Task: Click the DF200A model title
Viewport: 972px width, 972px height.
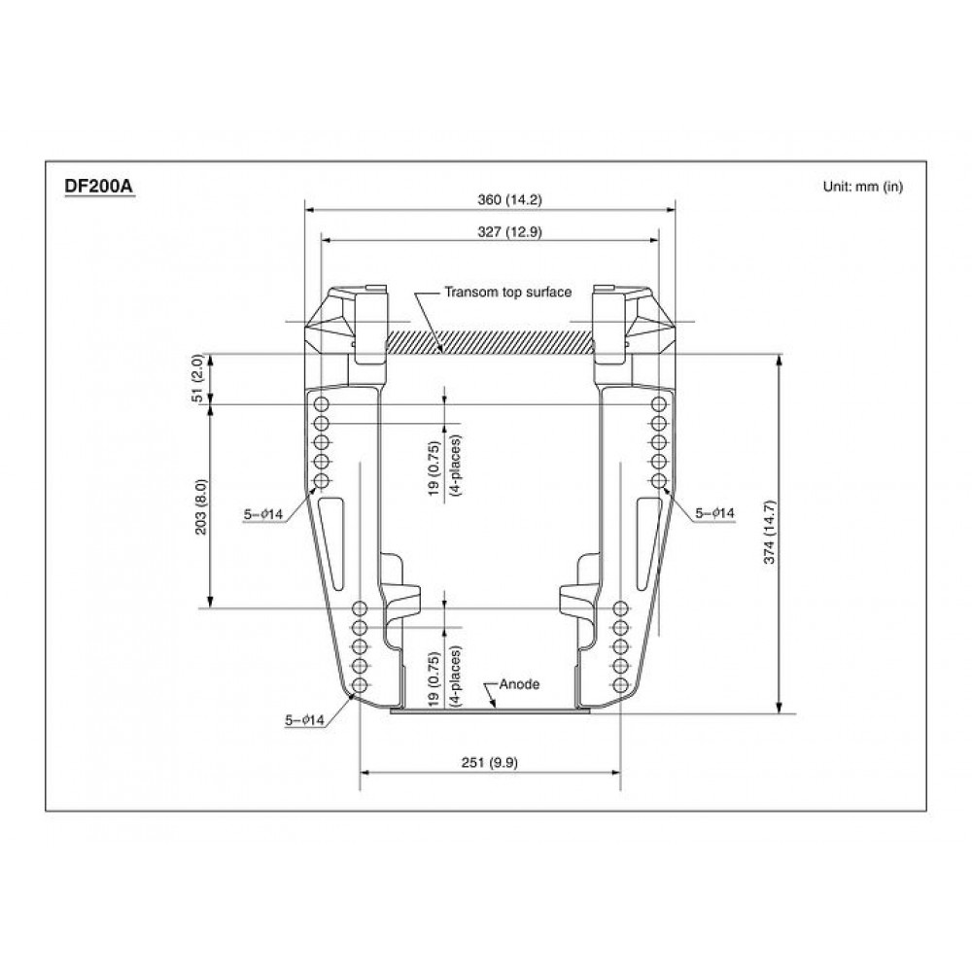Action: pyautogui.click(x=99, y=187)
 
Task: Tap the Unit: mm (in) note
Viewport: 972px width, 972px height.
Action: pyautogui.click(x=863, y=186)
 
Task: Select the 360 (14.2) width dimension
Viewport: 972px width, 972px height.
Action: pyautogui.click(x=509, y=199)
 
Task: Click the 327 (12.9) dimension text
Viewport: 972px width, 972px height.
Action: pyautogui.click(x=509, y=232)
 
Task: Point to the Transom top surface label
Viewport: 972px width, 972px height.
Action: pyautogui.click(x=507, y=292)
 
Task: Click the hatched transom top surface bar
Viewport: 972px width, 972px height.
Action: pyautogui.click(x=490, y=341)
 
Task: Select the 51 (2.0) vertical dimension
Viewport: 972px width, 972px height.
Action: pyautogui.click(x=197, y=378)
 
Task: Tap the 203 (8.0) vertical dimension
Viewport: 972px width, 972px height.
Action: pyautogui.click(x=201, y=507)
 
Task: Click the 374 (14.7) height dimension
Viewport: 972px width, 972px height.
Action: pyautogui.click(x=769, y=532)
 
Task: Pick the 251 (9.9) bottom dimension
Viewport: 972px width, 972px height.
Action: pyautogui.click(x=490, y=762)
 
